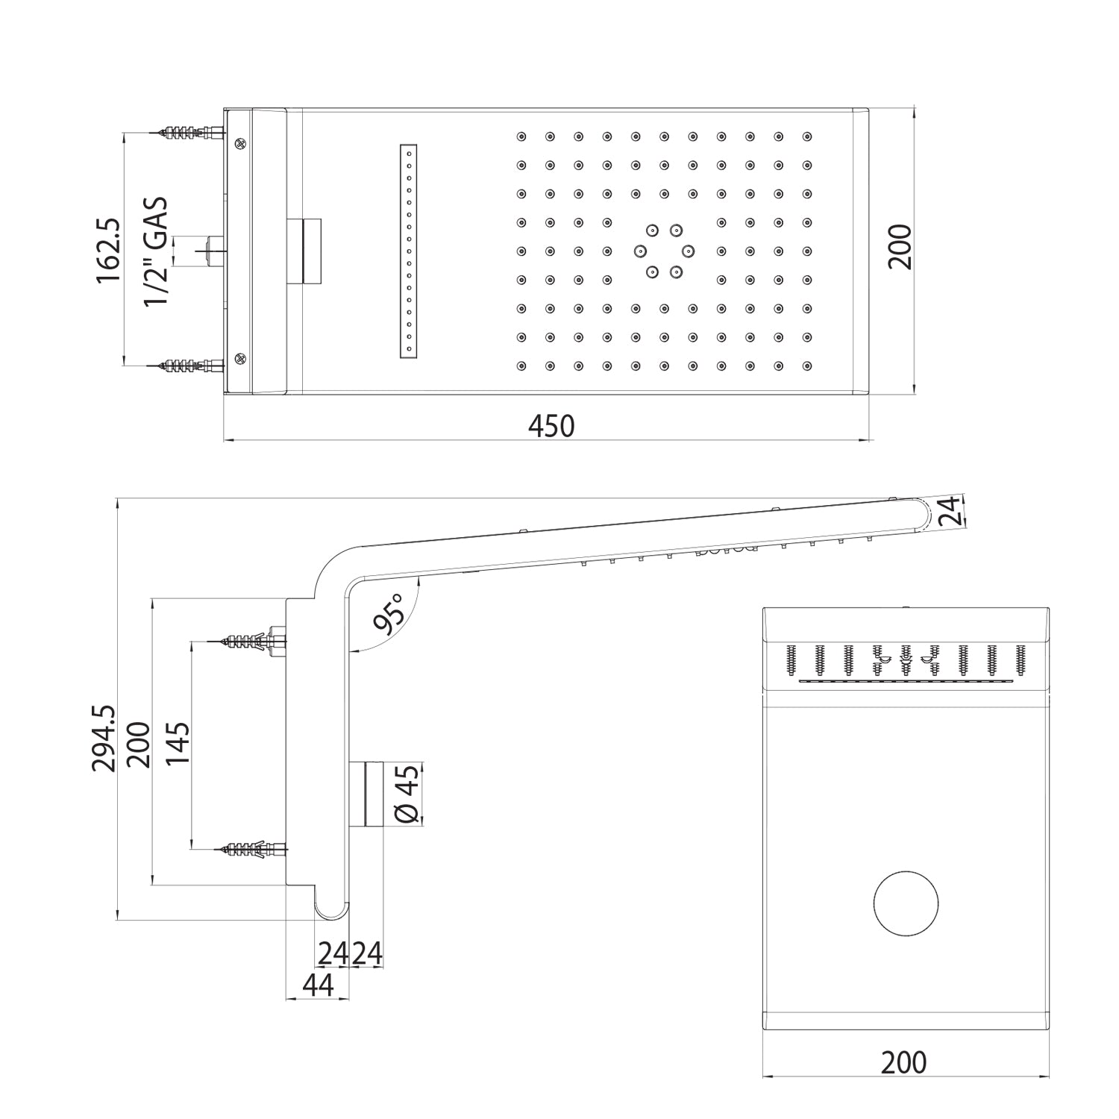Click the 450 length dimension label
tap(551, 426)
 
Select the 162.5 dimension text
tap(109, 250)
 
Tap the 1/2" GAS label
tap(156, 251)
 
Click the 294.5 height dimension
tap(104, 739)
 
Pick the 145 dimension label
tap(177, 744)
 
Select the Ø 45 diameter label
tap(407, 794)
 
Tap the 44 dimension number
tap(317, 985)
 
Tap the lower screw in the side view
tap(250, 849)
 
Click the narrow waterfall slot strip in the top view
tap(408, 251)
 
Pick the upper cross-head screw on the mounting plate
tap(240, 144)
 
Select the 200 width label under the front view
tap(903, 1062)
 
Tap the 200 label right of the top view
tap(900, 247)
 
